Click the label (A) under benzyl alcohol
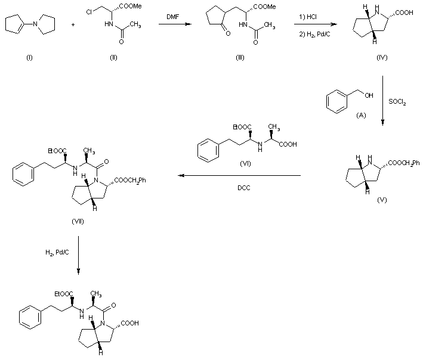(x=360, y=116)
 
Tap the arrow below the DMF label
(x=171, y=24)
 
